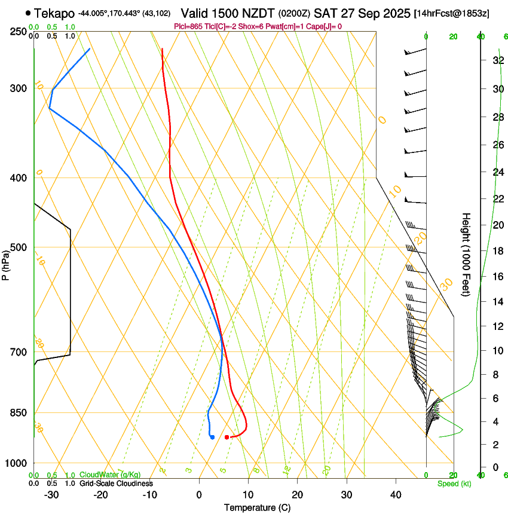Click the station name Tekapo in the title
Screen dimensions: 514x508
(x=54, y=13)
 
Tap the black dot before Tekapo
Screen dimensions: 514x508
(x=28, y=13)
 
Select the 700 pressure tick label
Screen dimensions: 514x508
(x=18, y=352)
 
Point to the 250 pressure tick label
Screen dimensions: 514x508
(x=18, y=32)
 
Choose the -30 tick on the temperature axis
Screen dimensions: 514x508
(x=51, y=495)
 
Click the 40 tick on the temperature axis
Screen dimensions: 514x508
(x=395, y=495)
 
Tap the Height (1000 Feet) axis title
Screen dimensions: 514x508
(x=466, y=254)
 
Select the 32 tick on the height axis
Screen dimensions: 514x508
(x=496, y=60)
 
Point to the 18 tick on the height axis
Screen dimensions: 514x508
(x=496, y=251)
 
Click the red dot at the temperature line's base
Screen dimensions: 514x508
(x=227, y=437)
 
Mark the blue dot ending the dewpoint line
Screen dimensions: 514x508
(x=212, y=437)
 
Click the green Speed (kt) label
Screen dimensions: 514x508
(x=454, y=484)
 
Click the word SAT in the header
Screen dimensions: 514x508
(x=325, y=13)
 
